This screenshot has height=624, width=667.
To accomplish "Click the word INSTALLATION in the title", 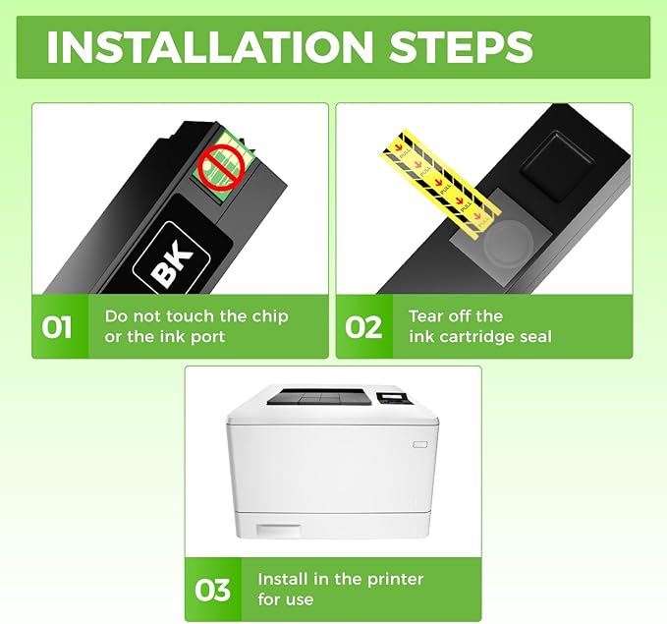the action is coord(209,47).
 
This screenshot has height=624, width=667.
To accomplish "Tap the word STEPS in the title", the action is coord(461,47).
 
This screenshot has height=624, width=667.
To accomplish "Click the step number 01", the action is coord(57,327).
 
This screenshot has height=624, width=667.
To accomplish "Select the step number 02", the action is coord(362,327).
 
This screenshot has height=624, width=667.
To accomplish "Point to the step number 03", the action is coord(212,590).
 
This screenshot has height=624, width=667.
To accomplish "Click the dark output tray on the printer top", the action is coord(320,396).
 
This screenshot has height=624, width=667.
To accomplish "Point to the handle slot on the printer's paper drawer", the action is coord(278,531).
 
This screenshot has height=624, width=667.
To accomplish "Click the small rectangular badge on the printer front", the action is coord(419,444).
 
